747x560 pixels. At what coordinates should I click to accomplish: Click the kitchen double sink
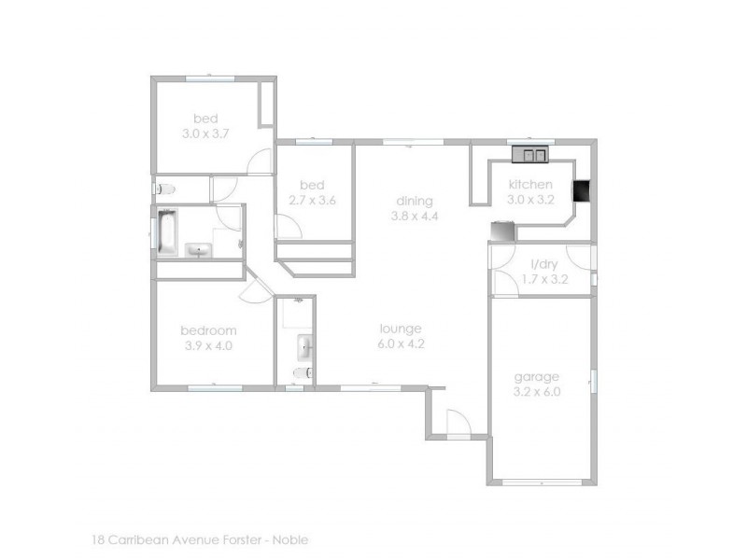(x=534, y=156)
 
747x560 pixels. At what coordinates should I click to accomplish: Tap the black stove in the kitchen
(x=581, y=190)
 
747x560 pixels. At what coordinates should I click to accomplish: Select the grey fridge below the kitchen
(x=502, y=230)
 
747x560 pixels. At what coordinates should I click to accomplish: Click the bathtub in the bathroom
(x=168, y=232)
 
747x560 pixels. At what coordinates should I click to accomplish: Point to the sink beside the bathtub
(x=200, y=249)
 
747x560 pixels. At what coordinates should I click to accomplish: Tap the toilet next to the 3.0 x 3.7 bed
(x=165, y=189)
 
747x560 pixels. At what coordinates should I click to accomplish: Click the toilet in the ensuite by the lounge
(x=299, y=374)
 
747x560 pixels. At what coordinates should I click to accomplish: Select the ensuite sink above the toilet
(x=304, y=349)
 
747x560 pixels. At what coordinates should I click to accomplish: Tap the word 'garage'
(x=537, y=377)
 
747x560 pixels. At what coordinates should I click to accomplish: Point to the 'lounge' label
(x=401, y=329)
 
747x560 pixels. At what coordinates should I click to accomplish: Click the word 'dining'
(x=414, y=201)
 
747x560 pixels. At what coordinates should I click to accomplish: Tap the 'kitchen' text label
(x=530, y=185)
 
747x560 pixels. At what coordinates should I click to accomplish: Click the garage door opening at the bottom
(x=541, y=481)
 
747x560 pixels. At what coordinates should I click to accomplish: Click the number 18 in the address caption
(x=99, y=539)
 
